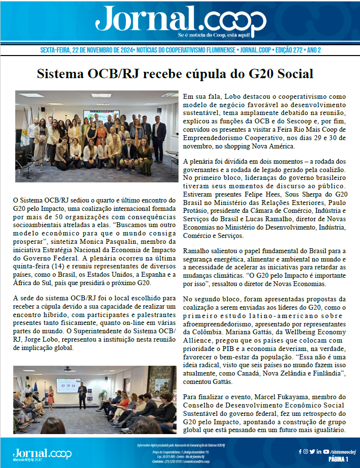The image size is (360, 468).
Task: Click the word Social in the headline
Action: click(288, 74)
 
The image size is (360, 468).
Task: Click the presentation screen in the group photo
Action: click(96, 116)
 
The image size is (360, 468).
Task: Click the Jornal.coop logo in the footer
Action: click(42, 453)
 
